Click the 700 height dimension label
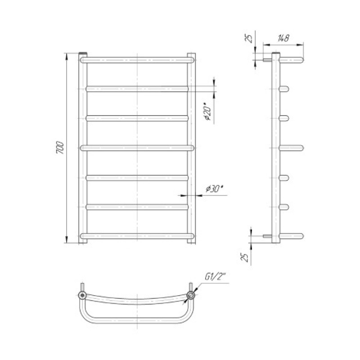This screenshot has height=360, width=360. click(x=60, y=148)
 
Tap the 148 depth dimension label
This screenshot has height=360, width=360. click(x=283, y=38)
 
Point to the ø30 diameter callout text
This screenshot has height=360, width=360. click(x=215, y=189)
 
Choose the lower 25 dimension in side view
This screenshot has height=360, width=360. click(x=244, y=257)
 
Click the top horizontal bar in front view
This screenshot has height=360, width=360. click(x=137, y=60)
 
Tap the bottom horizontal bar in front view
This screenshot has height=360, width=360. click(x=137, y=236)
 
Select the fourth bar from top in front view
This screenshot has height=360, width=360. click(x=137, y=148)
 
